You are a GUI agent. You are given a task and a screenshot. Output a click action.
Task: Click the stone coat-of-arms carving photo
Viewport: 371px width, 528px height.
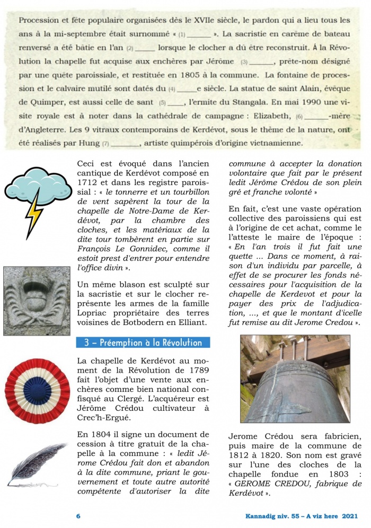[37, 301]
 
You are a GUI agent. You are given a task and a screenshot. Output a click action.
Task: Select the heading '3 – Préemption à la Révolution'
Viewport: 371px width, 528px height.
[143, 342]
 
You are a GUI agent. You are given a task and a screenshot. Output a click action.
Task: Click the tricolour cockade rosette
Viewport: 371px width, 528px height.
[37, 390]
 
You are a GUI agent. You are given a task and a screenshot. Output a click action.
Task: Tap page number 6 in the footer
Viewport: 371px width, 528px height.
[78, 515]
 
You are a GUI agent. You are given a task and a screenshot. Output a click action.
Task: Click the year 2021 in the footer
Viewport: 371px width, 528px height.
[350, 515]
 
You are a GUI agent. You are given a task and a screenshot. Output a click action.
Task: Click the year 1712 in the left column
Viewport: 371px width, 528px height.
[90, 183]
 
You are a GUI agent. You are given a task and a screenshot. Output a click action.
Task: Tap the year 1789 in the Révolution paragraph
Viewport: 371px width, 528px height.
[198, 370]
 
